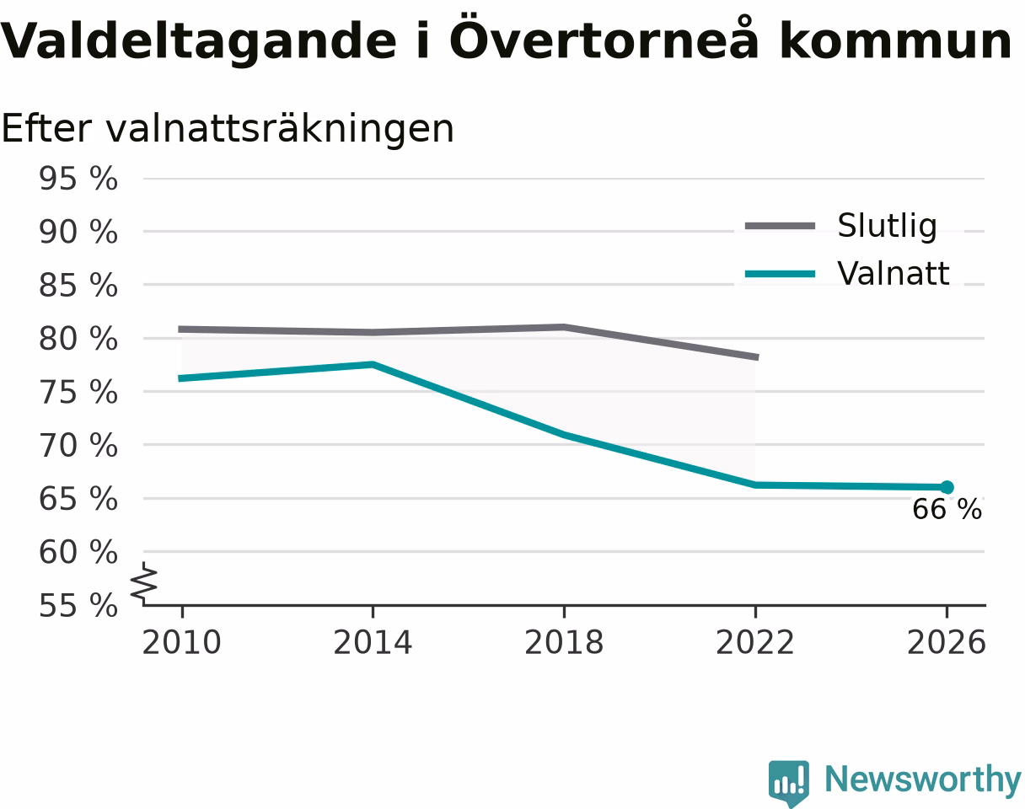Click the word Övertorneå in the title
click(x=604, y=38)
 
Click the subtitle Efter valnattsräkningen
click(x=228, y=129)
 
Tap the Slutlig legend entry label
click(x=887, y=226)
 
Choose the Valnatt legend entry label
click(x=893, y=274)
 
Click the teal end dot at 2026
click(x=947, y=487)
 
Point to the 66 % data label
click(x=947, y=509)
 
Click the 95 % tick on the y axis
click(x=78, y=179)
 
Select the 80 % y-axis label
click(x=78, y=339)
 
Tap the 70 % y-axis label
click(x=78, y=446)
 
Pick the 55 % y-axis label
click(x=78, y=606)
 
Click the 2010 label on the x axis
click(x=181, y=643)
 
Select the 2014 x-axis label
click(x=373, y=643)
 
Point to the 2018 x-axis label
click(x=564, y=643)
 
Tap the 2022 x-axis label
click(x=755, y=643)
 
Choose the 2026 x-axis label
click(x=947, y=643)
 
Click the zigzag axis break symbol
click(x=144, y=583)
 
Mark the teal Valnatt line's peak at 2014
click(x=373, y=364)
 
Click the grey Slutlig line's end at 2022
click(x=757, y=357)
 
